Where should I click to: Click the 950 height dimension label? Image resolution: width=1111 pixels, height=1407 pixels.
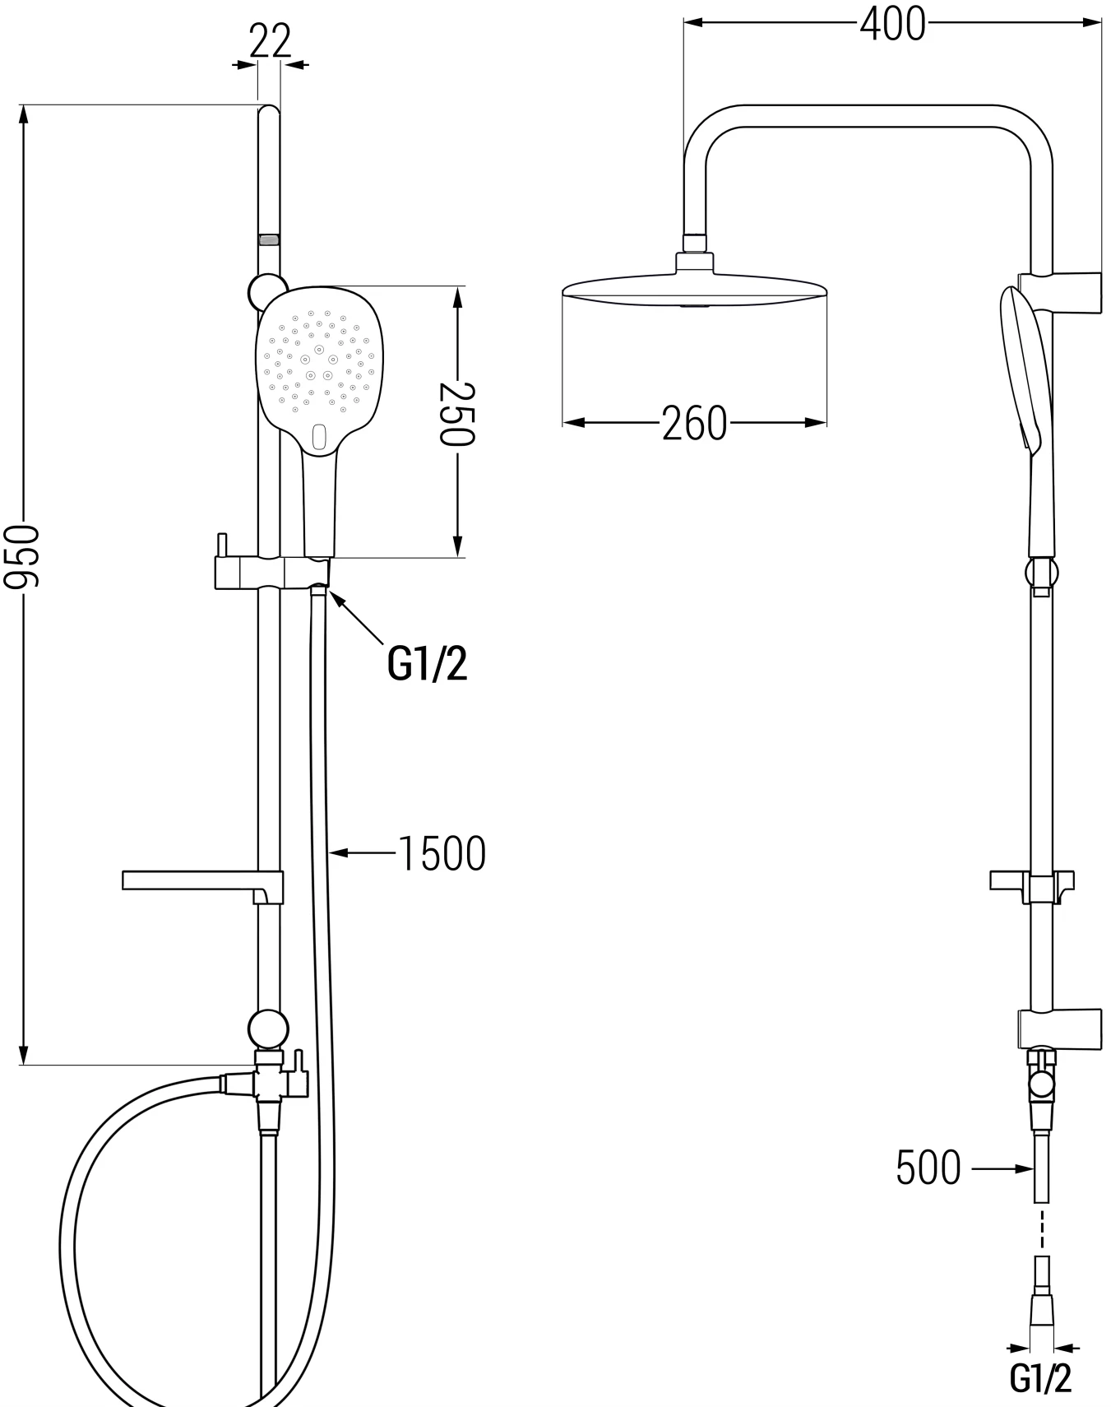[x=21, y=557]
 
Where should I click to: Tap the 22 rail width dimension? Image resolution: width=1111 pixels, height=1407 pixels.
[x=271, y=41]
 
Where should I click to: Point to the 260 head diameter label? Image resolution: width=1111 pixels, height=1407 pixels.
[x=694, y=424]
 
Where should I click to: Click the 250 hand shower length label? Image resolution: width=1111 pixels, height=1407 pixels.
[x=456, y=413]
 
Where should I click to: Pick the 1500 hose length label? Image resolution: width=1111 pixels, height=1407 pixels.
[x=442, y=853]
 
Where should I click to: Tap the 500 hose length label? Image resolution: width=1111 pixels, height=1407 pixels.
[x=928, y=1168]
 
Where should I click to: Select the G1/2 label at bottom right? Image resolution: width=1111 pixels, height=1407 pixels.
[x=1041, y=1379]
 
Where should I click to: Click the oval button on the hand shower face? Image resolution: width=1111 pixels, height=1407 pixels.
[x=319, y=435]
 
